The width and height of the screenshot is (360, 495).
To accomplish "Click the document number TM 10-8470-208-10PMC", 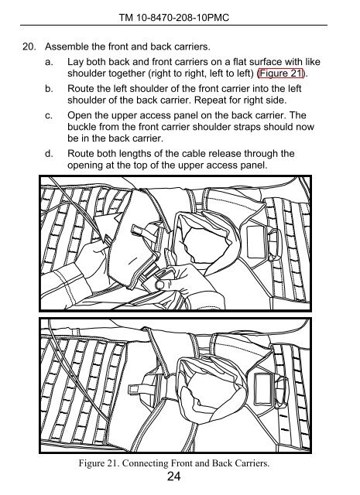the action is coord(174,17).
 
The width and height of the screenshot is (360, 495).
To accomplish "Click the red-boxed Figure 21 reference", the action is coord(281,73).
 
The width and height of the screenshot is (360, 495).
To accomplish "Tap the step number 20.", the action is coord(29,46).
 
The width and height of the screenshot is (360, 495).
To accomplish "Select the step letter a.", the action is coord(49,62).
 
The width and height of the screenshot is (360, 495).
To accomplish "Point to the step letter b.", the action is coord(49,89).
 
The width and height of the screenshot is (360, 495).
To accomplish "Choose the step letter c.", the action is coord(49,115).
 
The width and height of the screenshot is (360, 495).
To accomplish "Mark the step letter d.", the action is coord(49,154).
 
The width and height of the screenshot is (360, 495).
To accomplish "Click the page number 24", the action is coord(174,476).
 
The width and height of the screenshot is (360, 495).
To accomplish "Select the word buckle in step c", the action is coord(81,127).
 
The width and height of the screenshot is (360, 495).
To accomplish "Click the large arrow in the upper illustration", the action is coord(107,228).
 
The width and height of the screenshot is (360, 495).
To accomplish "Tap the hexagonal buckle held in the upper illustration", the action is coord(160,285).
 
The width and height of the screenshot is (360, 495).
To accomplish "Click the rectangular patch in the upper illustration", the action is coord(256,242).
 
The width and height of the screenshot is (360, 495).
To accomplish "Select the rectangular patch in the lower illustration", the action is coord(263,388).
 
